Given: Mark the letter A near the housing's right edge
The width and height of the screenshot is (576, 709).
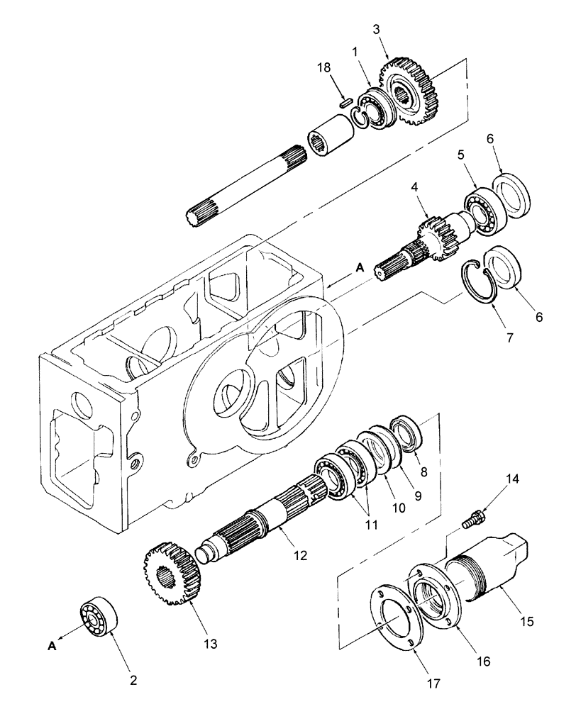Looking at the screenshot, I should (x=359, y=267).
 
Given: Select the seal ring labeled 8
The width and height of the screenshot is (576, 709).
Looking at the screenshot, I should (x=410, y=433).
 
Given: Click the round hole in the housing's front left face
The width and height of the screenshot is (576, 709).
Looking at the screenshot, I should (x=79, y=404).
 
